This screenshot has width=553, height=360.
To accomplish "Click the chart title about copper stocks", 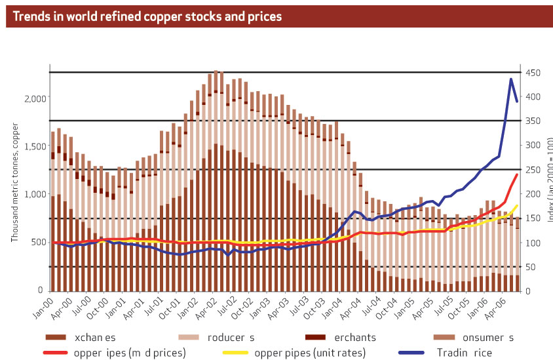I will click(x=144, y=16).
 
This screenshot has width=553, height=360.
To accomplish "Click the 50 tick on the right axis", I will click(x=529, y=267).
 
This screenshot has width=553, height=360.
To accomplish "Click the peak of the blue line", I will click(x=510, y=79).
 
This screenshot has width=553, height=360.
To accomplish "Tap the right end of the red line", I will click(x=518, y=174).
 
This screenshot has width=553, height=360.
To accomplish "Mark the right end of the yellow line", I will click(x=518, y=205).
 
